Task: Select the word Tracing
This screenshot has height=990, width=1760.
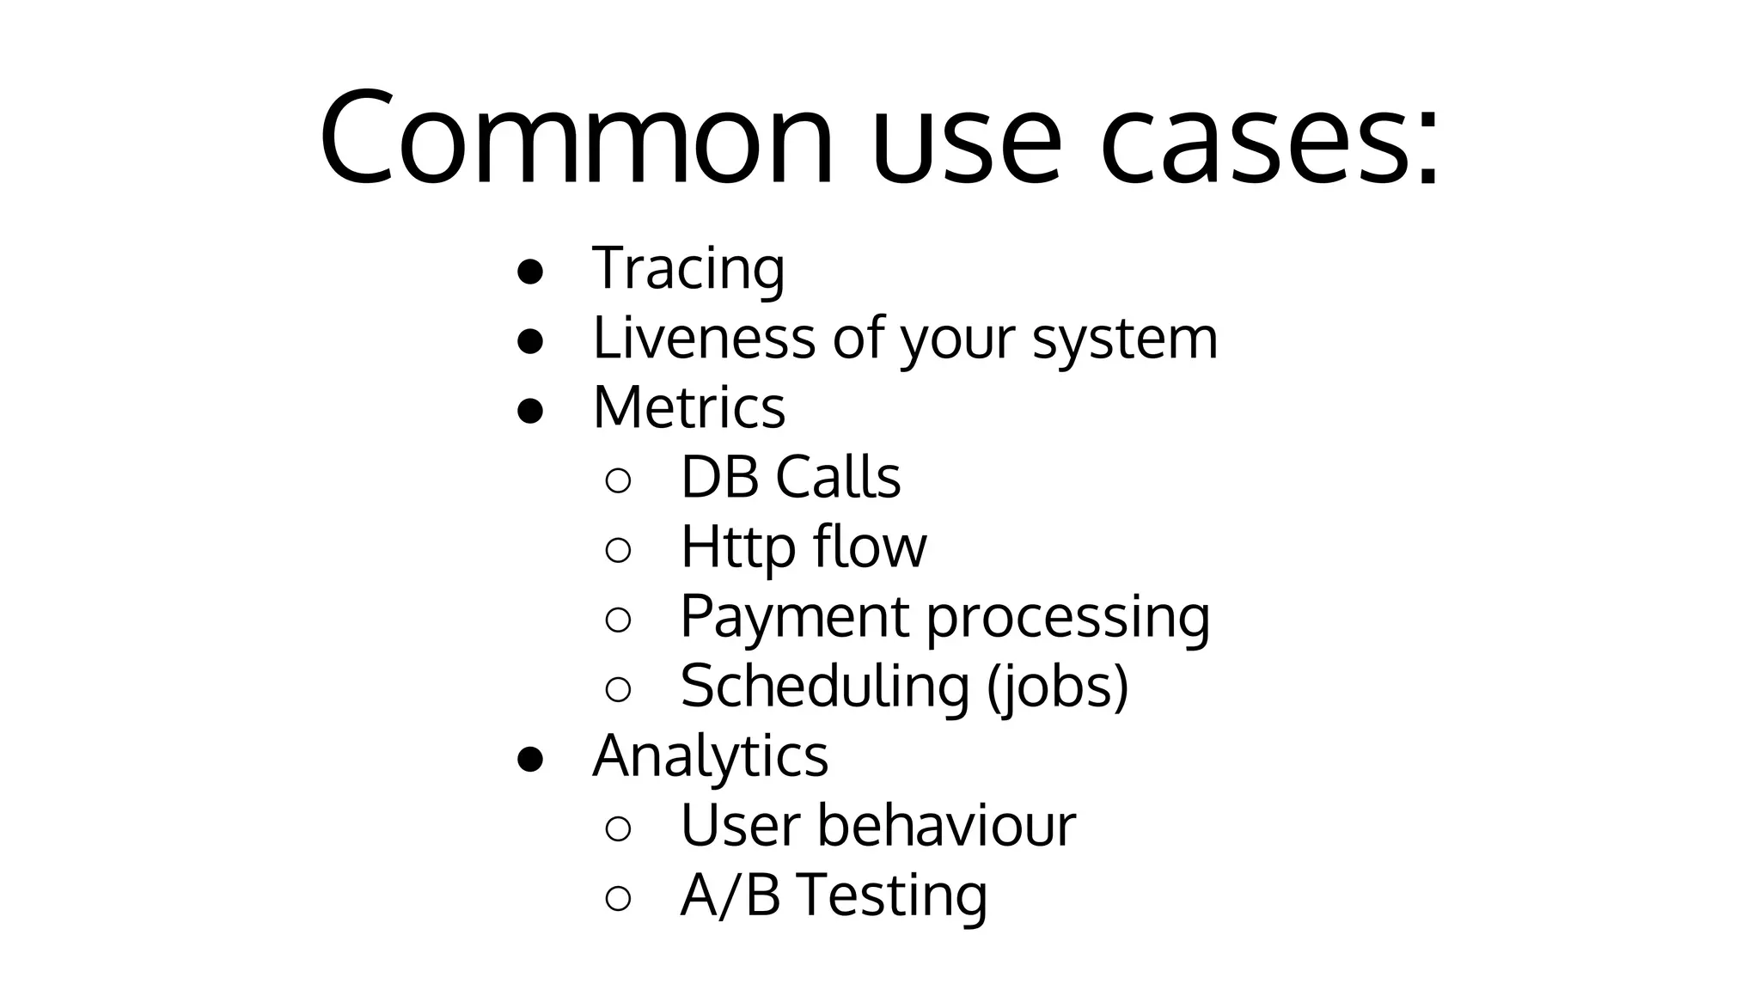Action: point(688,268)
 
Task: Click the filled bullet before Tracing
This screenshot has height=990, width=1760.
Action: point(530,272)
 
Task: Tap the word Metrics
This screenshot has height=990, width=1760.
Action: point(688,406)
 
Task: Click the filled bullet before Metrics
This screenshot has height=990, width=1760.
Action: point(530,411)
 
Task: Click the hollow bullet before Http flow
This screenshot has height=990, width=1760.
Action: point(618,550)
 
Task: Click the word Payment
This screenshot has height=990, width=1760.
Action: point(794,616)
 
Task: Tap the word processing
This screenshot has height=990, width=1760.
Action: point(1067,619)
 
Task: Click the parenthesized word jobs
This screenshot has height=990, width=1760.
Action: point(1057,687)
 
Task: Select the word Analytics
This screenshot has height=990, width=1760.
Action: point(710,756)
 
